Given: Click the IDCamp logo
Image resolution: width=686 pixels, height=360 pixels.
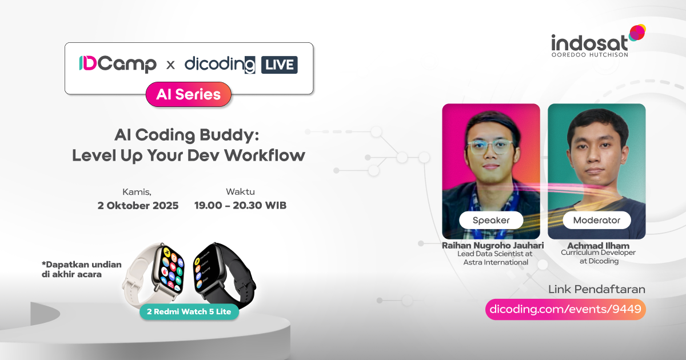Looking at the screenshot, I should click(118, 65).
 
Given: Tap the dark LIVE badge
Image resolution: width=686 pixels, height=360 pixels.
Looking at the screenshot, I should click(280, 65).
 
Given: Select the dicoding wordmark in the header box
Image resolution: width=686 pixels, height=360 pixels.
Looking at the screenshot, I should click(220, 65).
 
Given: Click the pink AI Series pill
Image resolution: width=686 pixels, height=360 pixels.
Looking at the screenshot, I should click(189, 94).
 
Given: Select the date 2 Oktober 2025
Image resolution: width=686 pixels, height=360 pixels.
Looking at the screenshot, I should click(138, 206).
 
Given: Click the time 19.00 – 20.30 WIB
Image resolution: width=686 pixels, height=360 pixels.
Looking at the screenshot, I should click(240, 206).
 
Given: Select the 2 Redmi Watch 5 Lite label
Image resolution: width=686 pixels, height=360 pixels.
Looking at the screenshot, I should click(189, 312).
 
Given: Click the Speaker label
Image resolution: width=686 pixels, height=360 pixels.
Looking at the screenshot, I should click(490, 220).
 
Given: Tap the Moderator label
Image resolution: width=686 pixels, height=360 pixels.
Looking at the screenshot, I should click(596, 220).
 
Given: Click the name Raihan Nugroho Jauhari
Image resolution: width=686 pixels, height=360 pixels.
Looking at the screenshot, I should click(492, 246).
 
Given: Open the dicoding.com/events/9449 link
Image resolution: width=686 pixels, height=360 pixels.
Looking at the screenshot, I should click(566, 309).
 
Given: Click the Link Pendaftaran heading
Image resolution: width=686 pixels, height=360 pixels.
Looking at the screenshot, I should click(596, 289).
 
